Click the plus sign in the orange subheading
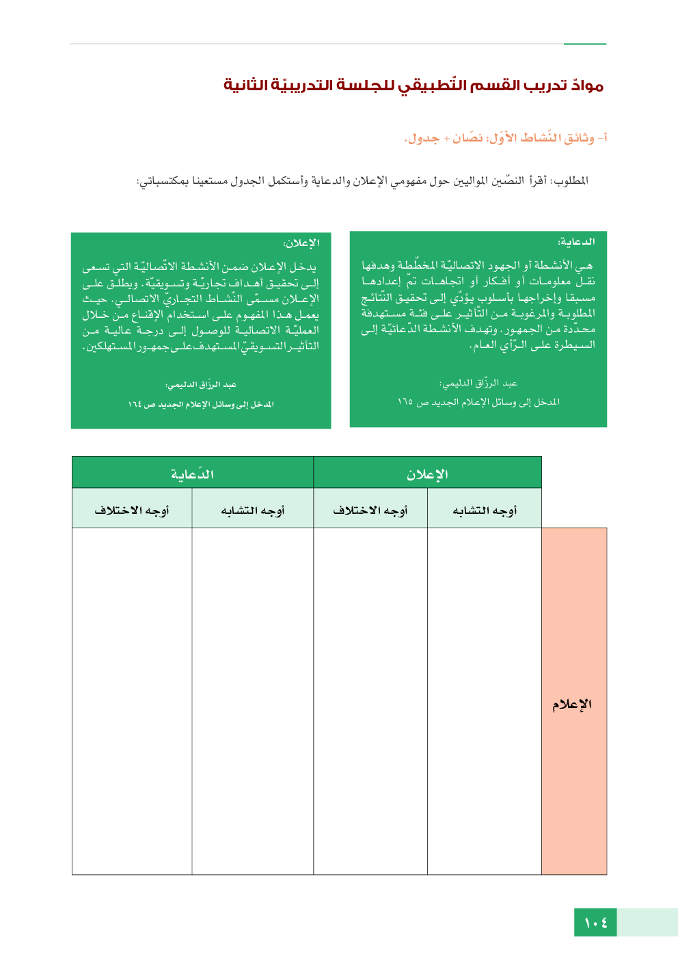(446, 139)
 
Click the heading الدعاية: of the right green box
(576, 242)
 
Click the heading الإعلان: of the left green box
(301, 243)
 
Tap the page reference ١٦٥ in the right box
(405, 402)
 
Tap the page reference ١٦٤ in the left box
(135, 405)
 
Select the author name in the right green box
(478, 383)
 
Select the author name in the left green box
(201, 385)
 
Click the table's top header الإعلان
(427, 474)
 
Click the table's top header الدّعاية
(192, 474)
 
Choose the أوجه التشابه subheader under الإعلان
(485, 511)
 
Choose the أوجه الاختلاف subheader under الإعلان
(370, 511)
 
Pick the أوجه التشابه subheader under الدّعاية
(252, 511)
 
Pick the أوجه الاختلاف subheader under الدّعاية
(131, 511)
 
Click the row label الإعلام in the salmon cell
(572, 705)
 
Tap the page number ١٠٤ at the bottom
(595, 923)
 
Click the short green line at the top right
(584, 44)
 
